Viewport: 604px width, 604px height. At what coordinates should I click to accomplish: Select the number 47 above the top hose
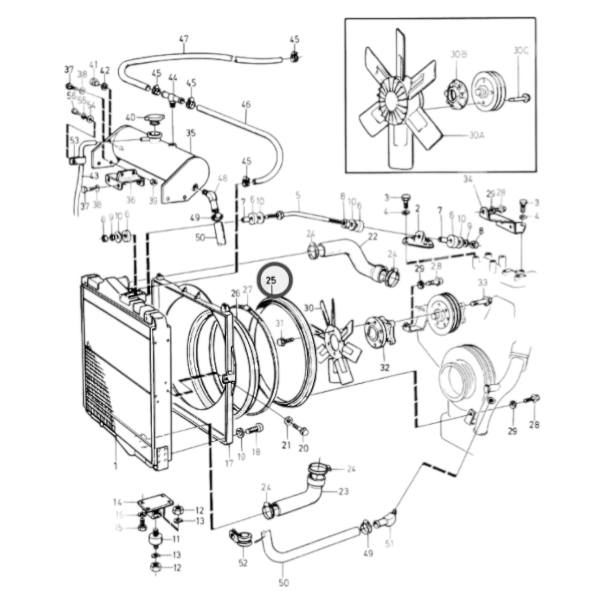(x=183, y=39)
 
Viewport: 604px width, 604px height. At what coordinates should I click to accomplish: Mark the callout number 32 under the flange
(x=385, y=367)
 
